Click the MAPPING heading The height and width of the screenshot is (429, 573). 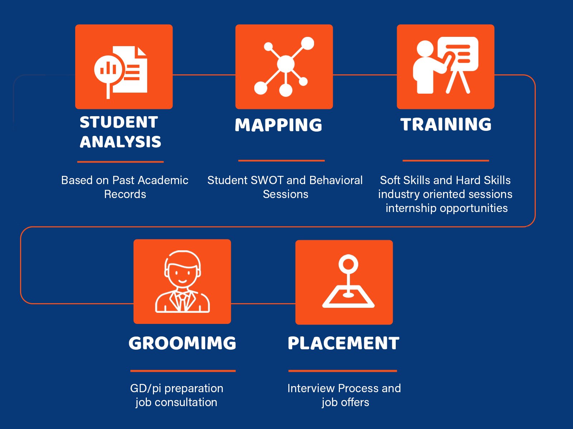tap(278, 125)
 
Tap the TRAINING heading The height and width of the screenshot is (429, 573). tap(446, 124)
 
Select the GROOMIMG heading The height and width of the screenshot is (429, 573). tap(182, 343)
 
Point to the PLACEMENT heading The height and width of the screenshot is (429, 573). tap(343, 343)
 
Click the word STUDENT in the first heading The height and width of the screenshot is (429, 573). tap(119, 122)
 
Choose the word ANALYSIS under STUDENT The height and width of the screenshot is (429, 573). tap(120, 142)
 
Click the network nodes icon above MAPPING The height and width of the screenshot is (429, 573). tap(284, 67)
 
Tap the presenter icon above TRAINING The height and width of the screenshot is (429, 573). tap(446, 65)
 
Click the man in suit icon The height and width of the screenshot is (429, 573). tap(182, 281)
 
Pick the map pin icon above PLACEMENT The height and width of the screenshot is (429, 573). tap(348, 281)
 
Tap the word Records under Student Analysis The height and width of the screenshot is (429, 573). tap(125, 194)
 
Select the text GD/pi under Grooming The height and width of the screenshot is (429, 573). tap(145, 389)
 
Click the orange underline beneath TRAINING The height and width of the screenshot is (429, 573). tap(446, 161)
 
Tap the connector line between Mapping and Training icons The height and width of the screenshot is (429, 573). tap(365, 75)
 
